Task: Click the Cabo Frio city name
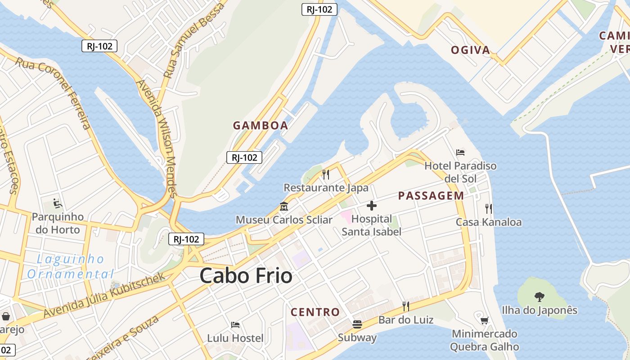coord(246,275)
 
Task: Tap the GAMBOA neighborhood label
coord(261,126)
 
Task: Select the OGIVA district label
coord(471,50)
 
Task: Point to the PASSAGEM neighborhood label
coord(431,196)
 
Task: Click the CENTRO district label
coord(315,312)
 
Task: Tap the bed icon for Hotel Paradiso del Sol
coord(460,153)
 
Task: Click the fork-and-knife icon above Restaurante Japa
coord(326,175)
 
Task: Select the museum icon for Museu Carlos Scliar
coord(284,207)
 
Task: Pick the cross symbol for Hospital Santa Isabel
coord(372,206)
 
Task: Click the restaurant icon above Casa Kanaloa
coord(489,208)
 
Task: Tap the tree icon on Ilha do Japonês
coord(539,297)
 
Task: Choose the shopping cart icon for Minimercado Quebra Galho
coord(484,321)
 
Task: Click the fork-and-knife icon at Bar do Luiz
coord(405,306)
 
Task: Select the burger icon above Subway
coord(357,324)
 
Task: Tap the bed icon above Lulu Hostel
coord(235,325)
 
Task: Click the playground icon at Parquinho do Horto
coord(57,204)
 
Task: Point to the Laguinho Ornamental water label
coord(70,267)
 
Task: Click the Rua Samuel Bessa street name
coord(194,40)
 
